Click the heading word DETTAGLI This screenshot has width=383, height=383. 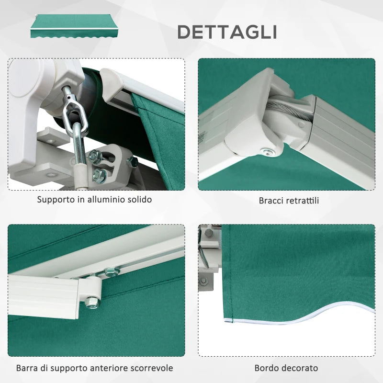click(227, 32)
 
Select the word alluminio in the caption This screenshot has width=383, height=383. click(107, 199)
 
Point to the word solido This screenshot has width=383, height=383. click(139, 199)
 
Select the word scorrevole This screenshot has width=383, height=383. click(153, 368)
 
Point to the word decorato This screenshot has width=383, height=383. click(300, 368)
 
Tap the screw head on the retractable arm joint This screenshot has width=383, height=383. click(264, 151)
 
